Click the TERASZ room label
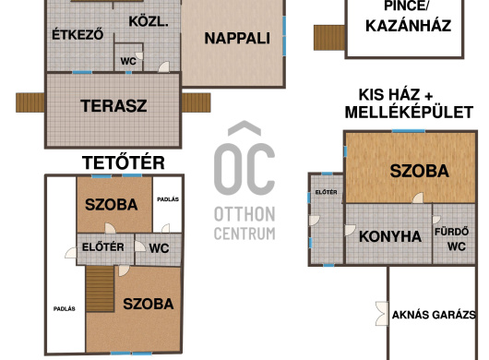pos(113,106)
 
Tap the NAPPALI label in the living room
pos(237,39)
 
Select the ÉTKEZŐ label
pos(78,34)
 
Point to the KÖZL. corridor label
pos(149,22)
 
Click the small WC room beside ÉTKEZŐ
pos(128,58)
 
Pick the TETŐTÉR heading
pos(124,162)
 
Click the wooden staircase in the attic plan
pos(100,289)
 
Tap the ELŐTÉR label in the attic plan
pos(103,247)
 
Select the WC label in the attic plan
pos(159,248)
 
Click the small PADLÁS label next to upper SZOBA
pos(168,199)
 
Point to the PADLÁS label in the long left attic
pos(65,309)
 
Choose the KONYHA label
pos(390,236)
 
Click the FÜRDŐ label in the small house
pos(451,232)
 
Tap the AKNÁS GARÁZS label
pos(434,315)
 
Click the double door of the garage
pos(382,314)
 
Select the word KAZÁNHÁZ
pos(408,26)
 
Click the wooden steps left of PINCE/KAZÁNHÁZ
pos(329,38)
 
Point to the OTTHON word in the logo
pos(244,214)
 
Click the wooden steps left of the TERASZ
pos(30,102)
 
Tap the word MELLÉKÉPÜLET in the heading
pos(409,113)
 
